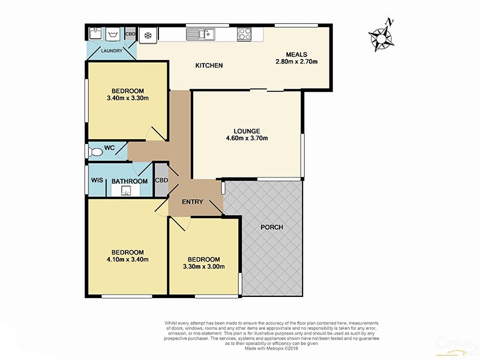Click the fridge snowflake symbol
click(148, 35)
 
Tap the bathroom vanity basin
click(127, 191)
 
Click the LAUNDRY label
click(112, 51)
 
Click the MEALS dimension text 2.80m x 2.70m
click(296, 62)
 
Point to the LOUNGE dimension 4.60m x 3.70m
click(247, 139)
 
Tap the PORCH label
click(272, 227)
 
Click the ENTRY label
click(193, 202)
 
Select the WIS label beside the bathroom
click(97, 181)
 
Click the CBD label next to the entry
click(161, 181)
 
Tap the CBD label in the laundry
click(130, 34)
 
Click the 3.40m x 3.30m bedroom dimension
click(127, 98)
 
